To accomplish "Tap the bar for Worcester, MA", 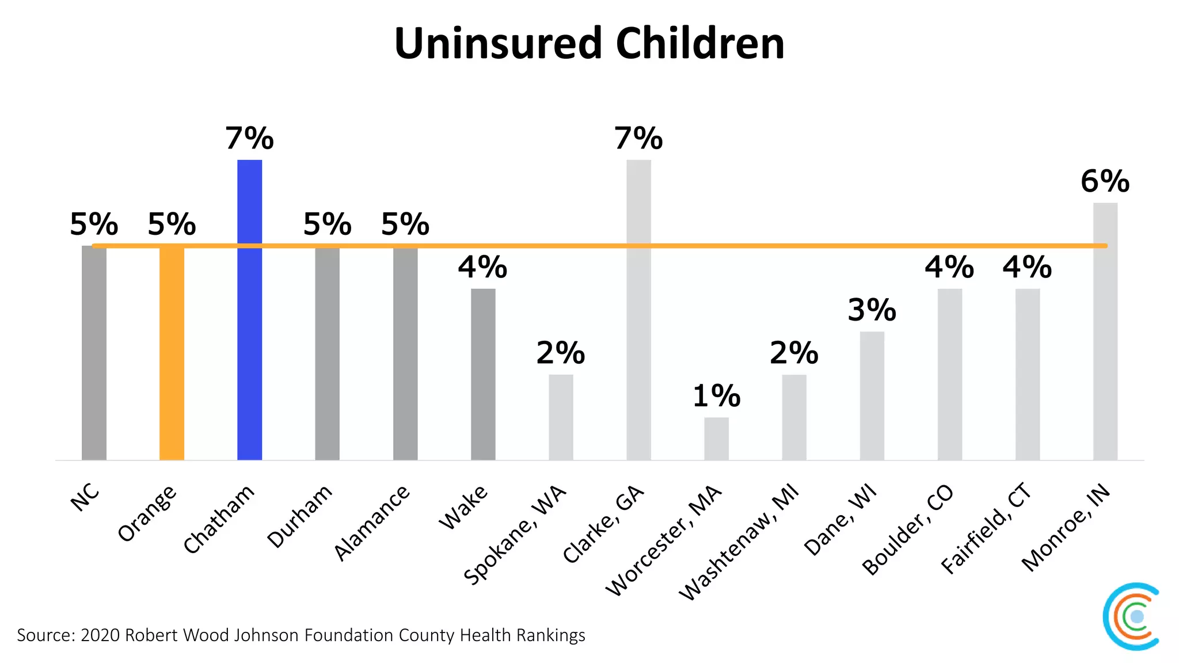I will coord(716,439).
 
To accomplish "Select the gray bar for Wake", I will coord(483,374).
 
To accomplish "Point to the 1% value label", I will coord(716,396).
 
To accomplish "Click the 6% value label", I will coord(1105,181).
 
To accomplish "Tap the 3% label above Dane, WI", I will coord(872,310).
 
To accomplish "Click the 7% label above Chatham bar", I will coord(249,139).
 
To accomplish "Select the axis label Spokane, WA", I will coord(515,535).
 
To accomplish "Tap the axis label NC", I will coord(85,497).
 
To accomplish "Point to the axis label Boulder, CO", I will coord(908,530).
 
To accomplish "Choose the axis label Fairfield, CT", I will coord(986,529).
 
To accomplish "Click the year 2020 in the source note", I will coord(100,635).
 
